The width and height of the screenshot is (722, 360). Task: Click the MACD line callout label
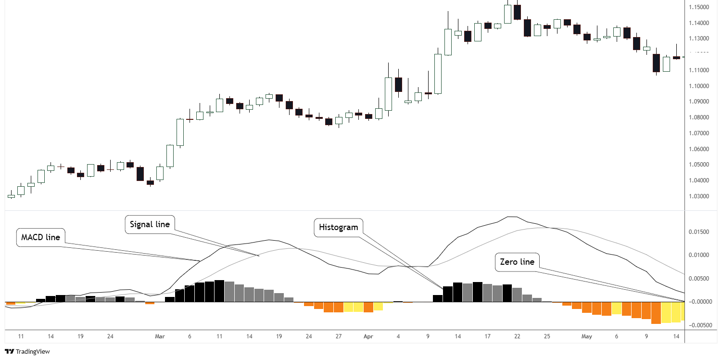pyautogui.click(x=41, y=237)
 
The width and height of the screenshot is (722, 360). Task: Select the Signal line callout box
pyautogui.click(x=150, y=224)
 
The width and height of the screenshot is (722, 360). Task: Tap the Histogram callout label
pyautogui.click(x=338, y=227)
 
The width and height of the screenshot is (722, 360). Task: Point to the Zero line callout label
pyautogui.click(x=517, y=262)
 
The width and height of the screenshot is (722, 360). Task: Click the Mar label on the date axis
pyautogui.click(x=160, y=337)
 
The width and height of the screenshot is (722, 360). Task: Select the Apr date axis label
pyautogui.click(x=368, y=337)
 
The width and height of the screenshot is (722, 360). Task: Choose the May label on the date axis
pyautogui.click(x=586, y=337)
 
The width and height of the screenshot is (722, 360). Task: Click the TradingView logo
pyautogui.click(x=27, y=352)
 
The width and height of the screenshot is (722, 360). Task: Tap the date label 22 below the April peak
pyautogui.click(x=517, y=337)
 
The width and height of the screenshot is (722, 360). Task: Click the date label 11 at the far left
pyautogui.click(x=21, y=337)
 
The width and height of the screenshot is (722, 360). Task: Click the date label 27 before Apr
pyautogui.click(x=339, y=337)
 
